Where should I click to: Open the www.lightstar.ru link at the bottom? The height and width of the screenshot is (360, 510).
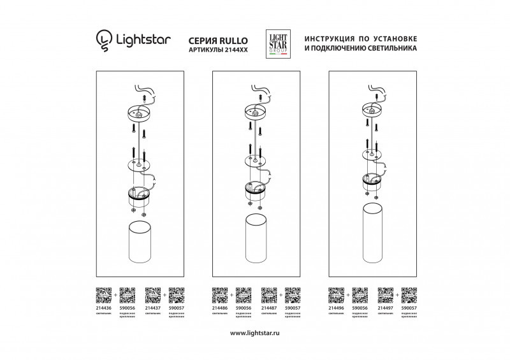tap(254, 333)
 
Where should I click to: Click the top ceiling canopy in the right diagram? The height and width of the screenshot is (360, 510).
tap(372, 109)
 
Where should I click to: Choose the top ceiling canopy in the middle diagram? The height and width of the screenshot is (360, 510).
tap(255, 112)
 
